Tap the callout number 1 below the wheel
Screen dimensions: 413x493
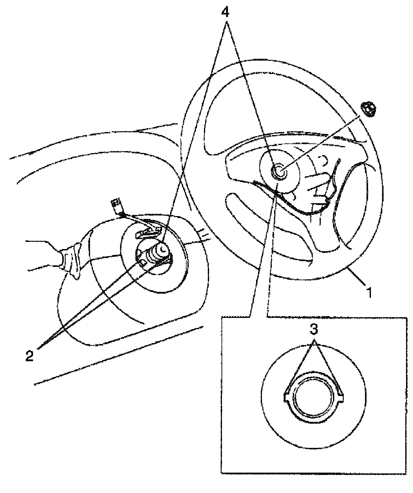[x=370, y=293]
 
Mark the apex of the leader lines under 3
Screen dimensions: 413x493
[x=314, y=340]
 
